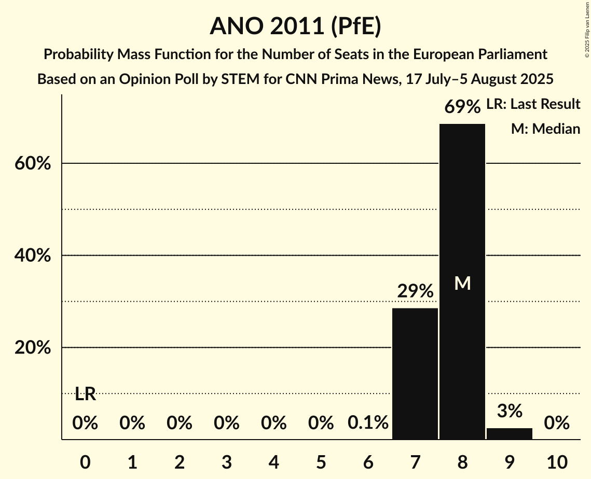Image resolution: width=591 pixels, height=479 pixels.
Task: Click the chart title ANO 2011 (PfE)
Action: [295, 26]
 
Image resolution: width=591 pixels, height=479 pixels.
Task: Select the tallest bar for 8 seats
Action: [462, 281]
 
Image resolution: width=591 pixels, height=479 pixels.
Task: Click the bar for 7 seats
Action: [415, 373]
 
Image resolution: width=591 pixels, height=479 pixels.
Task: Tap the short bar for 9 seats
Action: [510, 434]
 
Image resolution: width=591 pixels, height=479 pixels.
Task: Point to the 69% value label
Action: [462, 107]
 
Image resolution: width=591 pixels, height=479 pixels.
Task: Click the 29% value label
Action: [415, 291]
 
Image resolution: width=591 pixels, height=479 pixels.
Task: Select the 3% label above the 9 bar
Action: [510, 411]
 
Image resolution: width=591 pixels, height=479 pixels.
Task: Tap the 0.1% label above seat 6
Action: [368, 423]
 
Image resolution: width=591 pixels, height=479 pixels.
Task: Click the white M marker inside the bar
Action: [462, 283]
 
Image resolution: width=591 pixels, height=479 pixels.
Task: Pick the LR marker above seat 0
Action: [85, 394]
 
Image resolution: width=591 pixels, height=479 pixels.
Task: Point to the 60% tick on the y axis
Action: [32, 164]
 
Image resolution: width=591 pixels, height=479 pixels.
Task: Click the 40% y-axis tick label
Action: [32, 256]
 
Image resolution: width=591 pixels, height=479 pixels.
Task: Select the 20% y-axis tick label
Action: [32, 348]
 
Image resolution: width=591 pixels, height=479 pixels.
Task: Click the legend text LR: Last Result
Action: [533, 104]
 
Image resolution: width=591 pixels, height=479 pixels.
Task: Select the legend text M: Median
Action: [545, 129]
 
